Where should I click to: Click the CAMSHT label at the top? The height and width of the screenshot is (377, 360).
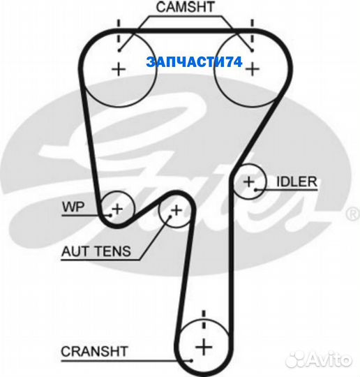[185, 7]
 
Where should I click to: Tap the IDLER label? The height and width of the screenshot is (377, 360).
[297, 182]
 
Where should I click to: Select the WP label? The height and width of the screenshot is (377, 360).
[73, 207]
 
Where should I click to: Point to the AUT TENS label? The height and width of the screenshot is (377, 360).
[96, 251]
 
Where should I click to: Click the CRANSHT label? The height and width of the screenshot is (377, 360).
[94, 352]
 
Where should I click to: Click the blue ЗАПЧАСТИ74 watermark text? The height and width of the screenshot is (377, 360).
[194, 62]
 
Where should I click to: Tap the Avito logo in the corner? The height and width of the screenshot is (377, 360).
[319, 360]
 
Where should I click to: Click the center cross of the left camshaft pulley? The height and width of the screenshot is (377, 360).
[119, 70]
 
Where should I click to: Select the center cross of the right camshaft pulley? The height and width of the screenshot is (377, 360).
[253, 69]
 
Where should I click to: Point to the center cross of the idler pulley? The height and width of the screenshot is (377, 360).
[249, 182]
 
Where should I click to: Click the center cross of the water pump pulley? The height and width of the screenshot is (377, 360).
[117, 209]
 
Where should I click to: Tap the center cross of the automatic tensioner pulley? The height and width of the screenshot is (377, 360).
[177, 210]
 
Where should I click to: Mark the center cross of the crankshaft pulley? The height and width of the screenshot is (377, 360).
[204, 347]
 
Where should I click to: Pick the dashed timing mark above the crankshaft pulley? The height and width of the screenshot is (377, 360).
[204, 320]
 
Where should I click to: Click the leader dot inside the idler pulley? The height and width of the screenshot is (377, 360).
[256, 190]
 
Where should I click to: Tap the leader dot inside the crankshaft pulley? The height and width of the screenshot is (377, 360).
[191, 360]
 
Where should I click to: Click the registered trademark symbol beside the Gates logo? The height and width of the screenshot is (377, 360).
[352, 214]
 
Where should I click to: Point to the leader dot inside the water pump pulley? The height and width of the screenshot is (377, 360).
[110, 216]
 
